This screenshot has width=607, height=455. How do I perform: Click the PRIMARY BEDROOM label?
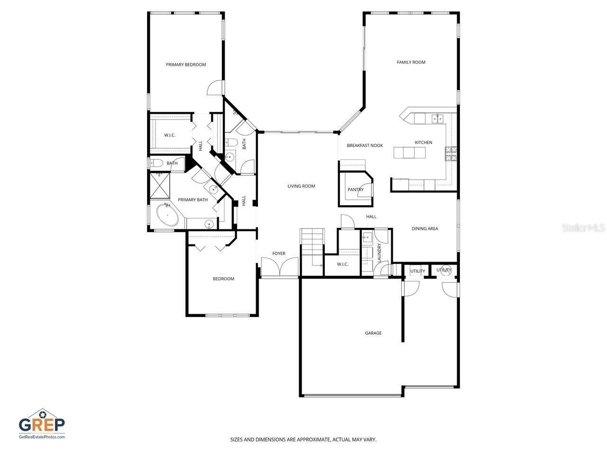coord(186,64)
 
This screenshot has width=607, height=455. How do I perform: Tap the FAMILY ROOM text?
coord(411,62)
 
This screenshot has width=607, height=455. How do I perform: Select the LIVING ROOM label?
coord(301,186)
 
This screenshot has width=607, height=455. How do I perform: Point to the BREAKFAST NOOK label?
coord(365,146)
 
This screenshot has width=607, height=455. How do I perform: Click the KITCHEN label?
coord(423,143)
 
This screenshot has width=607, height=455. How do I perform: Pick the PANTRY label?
coord(355,190)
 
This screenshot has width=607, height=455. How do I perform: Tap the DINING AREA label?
coord(424,228)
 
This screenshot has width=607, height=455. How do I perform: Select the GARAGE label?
coord(373,333)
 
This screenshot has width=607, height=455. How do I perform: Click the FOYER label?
coord(279,254)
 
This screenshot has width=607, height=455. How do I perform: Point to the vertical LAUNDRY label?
coord(379,252)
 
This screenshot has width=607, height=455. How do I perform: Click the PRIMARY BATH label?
coord(193,200)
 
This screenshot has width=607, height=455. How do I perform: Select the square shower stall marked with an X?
coord(160,185)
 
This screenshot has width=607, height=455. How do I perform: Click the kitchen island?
coord(409,153)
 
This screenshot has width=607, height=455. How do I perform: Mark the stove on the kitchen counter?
coord(451,153)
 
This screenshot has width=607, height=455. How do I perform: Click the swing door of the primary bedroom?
coord(215,88)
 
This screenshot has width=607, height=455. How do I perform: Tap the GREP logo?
coord(42,423)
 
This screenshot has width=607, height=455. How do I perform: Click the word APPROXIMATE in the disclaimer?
coord(312,440)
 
